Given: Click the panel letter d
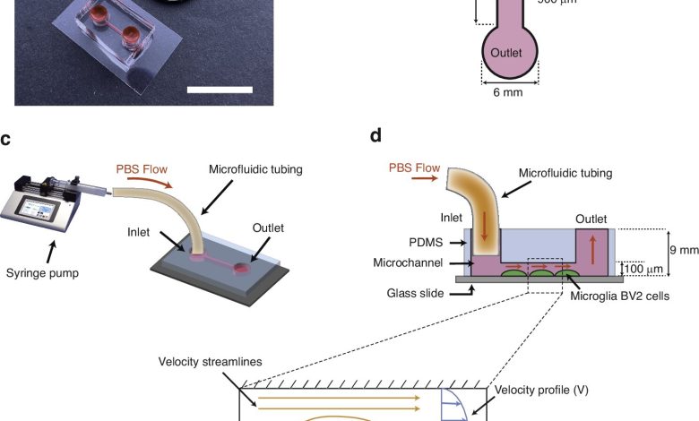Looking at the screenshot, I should (x=375, y=135).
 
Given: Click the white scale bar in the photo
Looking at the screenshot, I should (x=220, y=89).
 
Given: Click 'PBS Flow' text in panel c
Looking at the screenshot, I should (x=142, y=168).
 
